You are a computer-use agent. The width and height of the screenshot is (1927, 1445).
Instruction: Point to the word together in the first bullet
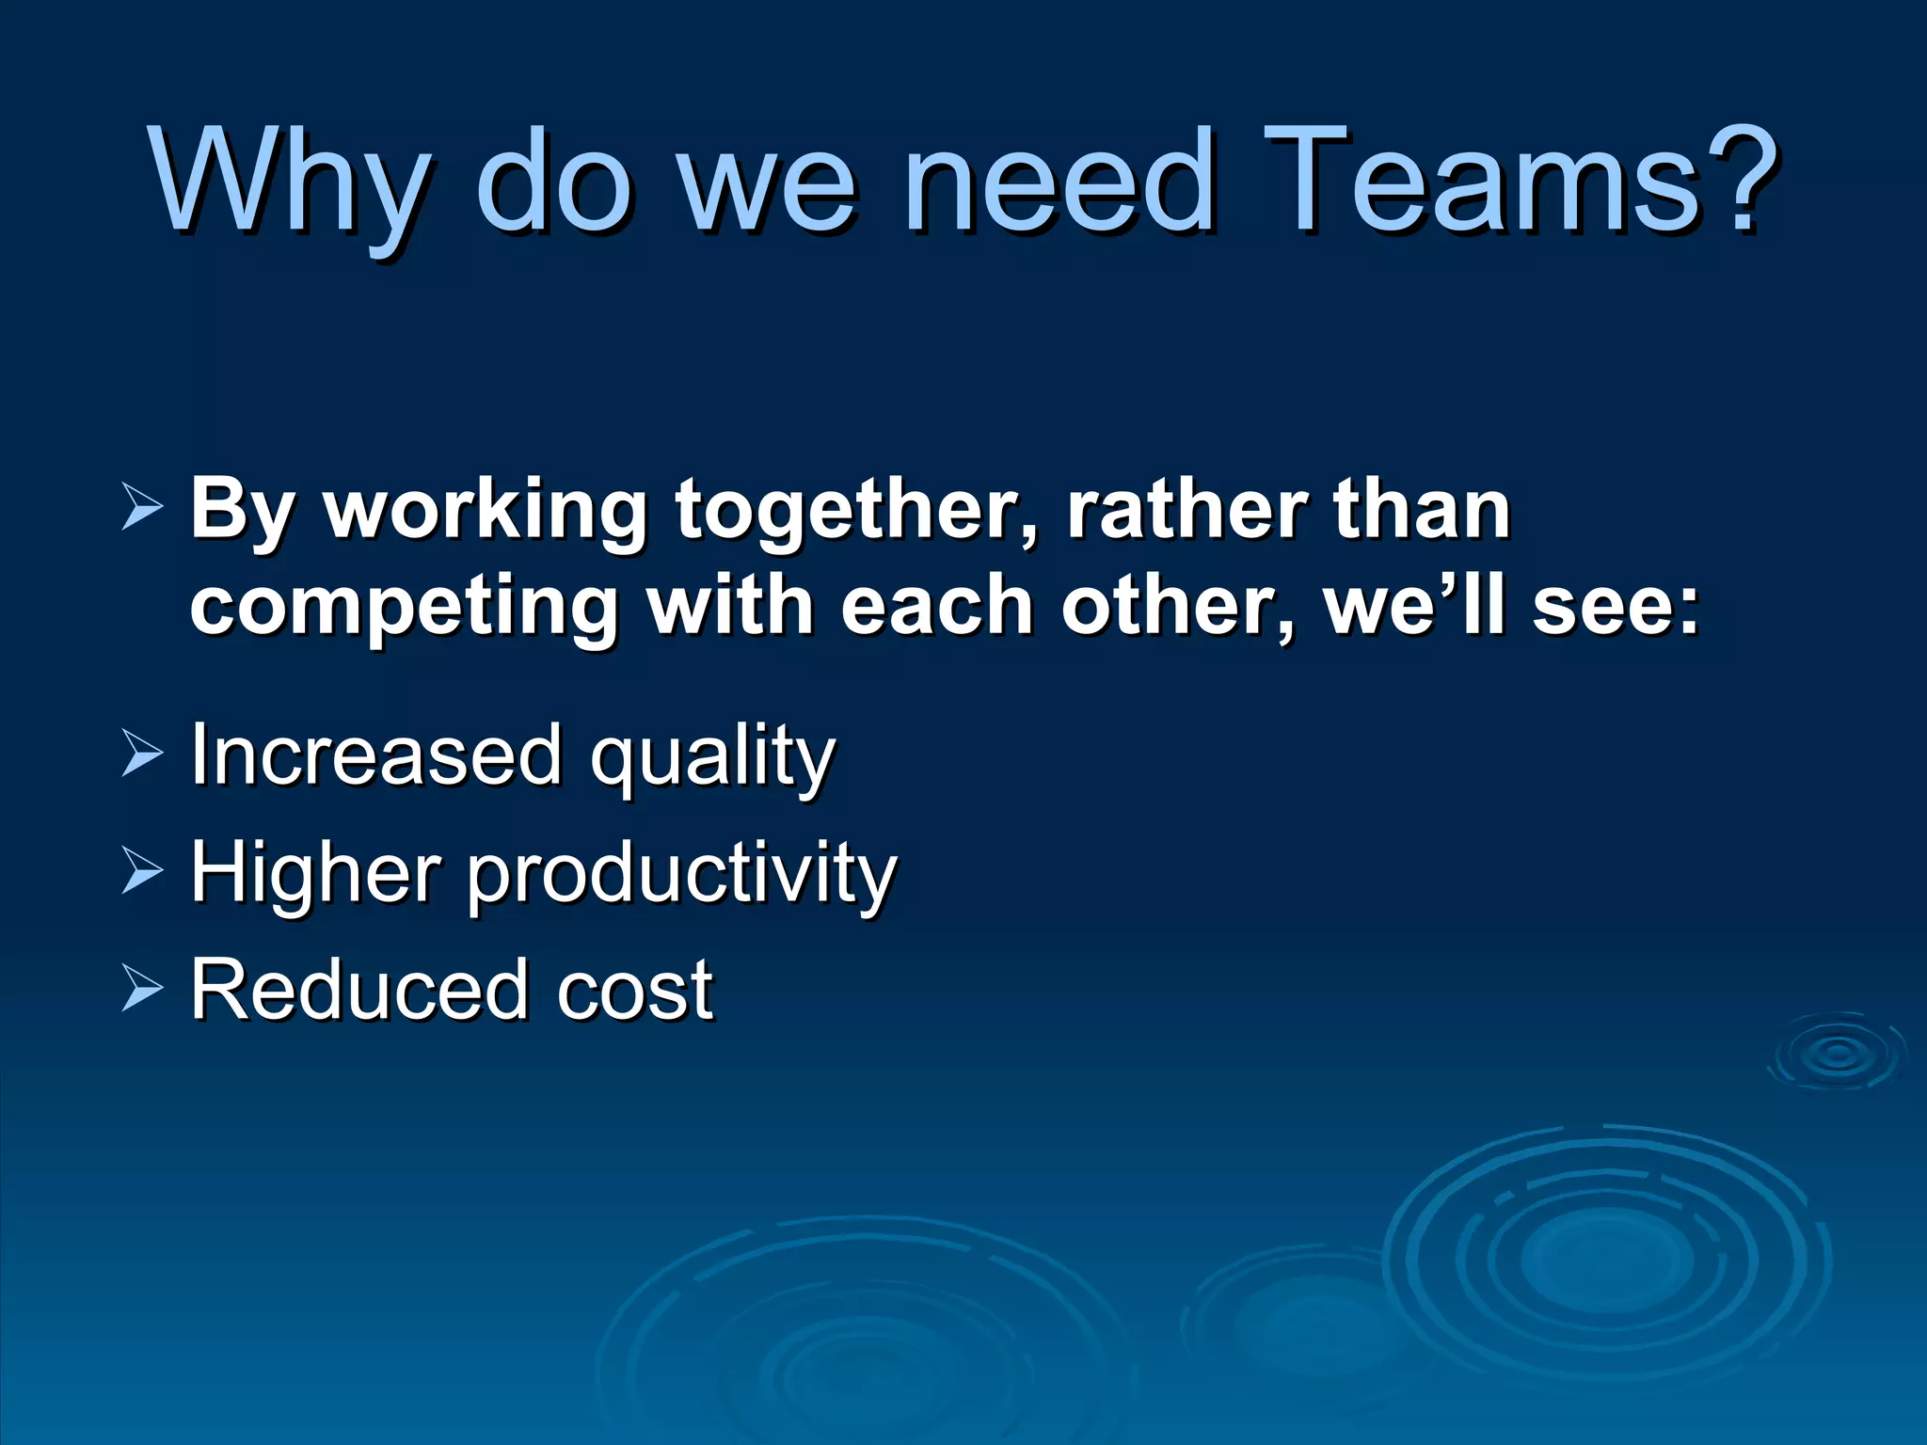tap(857, 514)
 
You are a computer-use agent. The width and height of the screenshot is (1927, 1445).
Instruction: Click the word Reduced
tap(358, 990)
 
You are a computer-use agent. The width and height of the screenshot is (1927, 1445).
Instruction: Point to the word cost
tap(635, 992)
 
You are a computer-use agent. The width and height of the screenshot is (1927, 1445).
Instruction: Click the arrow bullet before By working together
tap(142, 509)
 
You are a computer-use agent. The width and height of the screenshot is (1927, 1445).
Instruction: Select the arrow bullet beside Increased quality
tap(142, 754)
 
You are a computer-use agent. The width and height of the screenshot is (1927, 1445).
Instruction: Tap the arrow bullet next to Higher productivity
tap(142, 872)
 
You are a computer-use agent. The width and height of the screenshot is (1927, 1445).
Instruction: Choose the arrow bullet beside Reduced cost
tap(142, 990)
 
